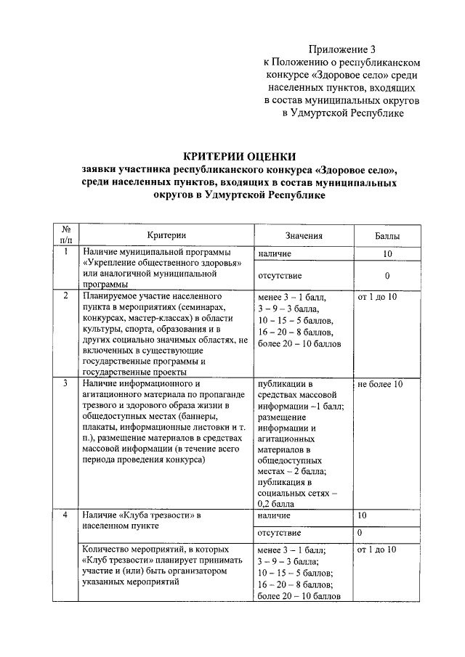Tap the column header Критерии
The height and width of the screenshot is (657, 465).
[166, 235]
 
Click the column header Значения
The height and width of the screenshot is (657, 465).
[304, 235]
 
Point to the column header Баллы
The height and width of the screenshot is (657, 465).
[387, 235]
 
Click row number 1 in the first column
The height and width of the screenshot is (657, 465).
[65, 252]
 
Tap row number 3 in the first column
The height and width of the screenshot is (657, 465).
[65, 383]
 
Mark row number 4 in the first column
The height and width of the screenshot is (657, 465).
[65, 515]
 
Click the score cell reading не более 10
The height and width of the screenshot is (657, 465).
[380, 383]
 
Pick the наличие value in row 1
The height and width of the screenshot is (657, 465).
[275, 254]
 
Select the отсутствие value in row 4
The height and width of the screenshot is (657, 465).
[280, 533]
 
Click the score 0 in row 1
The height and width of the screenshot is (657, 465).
[387, 276]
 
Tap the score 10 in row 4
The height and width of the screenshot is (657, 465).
[362, 515]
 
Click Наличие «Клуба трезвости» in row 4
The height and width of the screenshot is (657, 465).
[141, 515]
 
